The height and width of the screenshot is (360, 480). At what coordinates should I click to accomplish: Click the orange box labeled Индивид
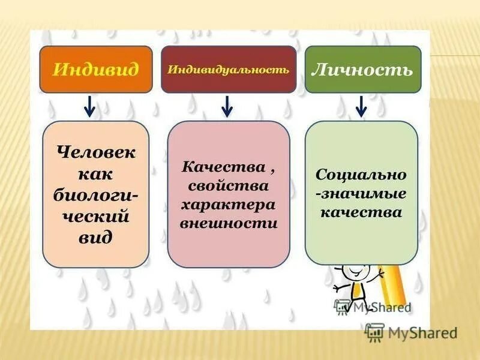96,70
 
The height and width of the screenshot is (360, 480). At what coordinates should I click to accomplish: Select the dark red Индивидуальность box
229,70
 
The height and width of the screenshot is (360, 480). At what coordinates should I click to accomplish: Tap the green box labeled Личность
362,70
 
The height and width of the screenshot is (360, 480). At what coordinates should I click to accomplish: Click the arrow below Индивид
89,106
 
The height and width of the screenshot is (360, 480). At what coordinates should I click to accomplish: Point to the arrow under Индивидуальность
227,106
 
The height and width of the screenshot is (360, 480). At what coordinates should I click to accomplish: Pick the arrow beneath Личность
361,106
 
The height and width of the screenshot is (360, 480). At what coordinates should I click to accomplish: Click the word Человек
96,152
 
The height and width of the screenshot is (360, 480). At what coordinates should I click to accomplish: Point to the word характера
228,205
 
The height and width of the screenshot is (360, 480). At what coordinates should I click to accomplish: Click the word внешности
228,224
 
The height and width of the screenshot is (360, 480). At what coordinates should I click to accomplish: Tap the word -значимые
361,193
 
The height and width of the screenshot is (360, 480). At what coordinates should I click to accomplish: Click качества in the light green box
361,212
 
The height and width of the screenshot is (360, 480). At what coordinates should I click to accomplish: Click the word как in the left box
96,173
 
